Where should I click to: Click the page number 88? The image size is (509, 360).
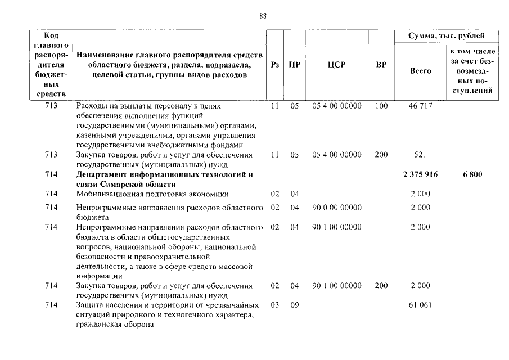click(263, 16)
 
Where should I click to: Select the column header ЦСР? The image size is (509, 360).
click(336, 65)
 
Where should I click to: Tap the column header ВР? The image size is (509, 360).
click(381, 65)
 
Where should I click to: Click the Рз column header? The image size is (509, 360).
click(274, 65)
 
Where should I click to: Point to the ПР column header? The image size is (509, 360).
click(294, 65)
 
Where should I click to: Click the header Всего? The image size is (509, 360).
click(420, 71)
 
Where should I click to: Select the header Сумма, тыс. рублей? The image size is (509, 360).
click(447, 37)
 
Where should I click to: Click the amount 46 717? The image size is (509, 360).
click(420, 106)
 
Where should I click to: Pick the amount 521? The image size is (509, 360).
click(420, 154)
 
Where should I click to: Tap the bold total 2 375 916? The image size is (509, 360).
click(420, 174)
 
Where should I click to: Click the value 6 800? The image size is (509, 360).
click(472, 174)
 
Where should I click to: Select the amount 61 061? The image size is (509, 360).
click(420, 305)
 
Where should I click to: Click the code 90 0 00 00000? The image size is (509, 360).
click(336, 207)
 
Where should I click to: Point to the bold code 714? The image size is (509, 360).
click(52, 174)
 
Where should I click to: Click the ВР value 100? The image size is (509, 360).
click(381, 106)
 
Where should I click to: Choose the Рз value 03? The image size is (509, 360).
click(274, 305)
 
